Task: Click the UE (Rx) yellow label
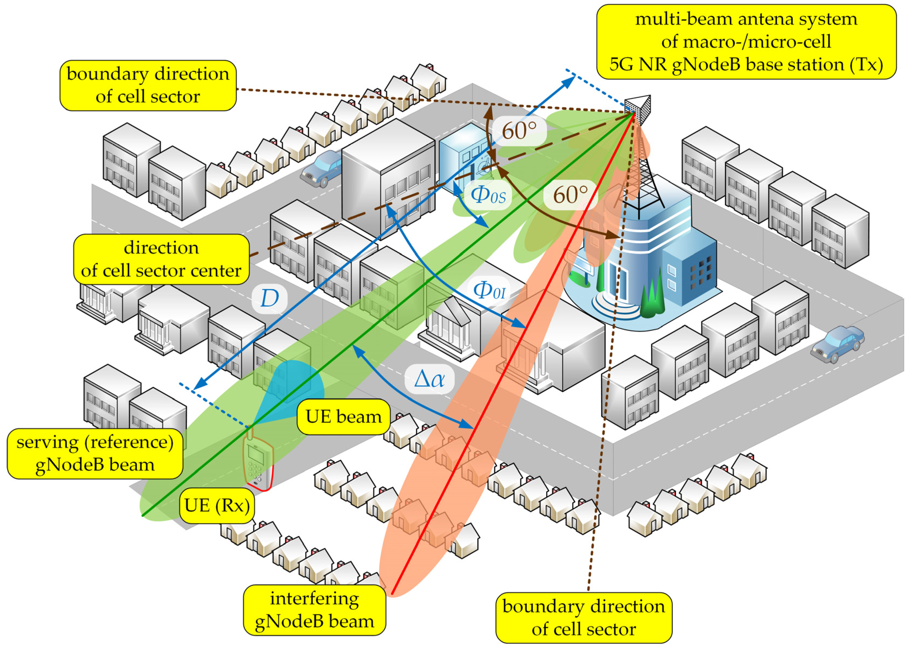coord(217,506)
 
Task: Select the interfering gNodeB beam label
coord(315,610)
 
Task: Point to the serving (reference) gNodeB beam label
coord(95,453)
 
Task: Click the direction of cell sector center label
coord(161,259)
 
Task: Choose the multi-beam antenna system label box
coord(746,42)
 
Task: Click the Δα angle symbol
coord(429,378)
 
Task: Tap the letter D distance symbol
coord(269,299)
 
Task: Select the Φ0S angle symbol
coord(488,196)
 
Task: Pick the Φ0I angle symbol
coord(489,290)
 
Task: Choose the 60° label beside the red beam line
coord(570,195)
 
